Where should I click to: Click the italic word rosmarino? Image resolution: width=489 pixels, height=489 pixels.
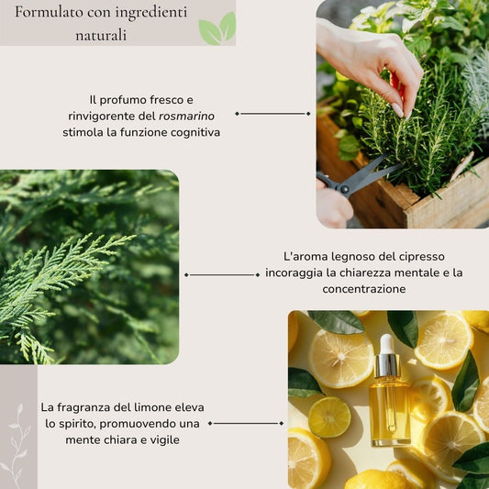(186, 116)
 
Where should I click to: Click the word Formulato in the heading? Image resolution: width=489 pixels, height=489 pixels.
(50, 12)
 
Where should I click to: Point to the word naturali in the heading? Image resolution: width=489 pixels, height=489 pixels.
(101, 35)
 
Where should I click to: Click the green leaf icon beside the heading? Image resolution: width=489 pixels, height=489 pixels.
(217, 28)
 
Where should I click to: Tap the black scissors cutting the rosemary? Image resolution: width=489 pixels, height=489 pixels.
(359, 178)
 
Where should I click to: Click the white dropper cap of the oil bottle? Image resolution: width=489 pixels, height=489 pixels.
(387, 344)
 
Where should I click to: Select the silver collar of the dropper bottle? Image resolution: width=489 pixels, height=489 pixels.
(387, 365)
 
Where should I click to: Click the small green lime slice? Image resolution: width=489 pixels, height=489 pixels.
(329, 417)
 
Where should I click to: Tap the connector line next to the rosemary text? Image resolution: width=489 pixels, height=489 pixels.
(272, 114)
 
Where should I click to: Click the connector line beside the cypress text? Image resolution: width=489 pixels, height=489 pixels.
(222, 274)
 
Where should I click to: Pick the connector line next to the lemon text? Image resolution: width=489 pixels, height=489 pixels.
(246, 423)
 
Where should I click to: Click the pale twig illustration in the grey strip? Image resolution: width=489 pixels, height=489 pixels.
(17, 446)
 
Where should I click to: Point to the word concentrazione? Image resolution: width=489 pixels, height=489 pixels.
(364, 289)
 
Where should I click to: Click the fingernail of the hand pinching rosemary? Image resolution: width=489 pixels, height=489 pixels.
(397, 110)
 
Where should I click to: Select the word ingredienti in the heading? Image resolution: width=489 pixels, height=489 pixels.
(151, 13)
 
